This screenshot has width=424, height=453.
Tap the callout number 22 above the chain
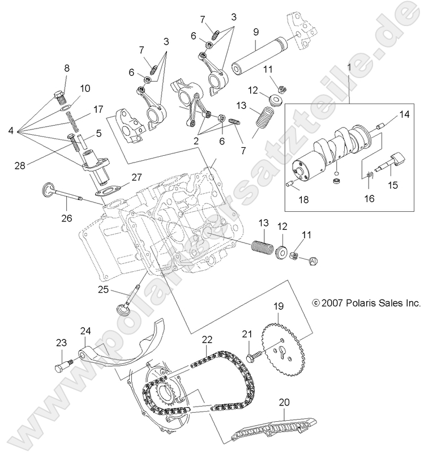click(x=207, y=339)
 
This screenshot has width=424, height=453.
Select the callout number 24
click(x=85, y=331)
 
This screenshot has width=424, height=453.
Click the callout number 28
click(x=19, y=165)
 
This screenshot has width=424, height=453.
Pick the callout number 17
click(x=98, y=109)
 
